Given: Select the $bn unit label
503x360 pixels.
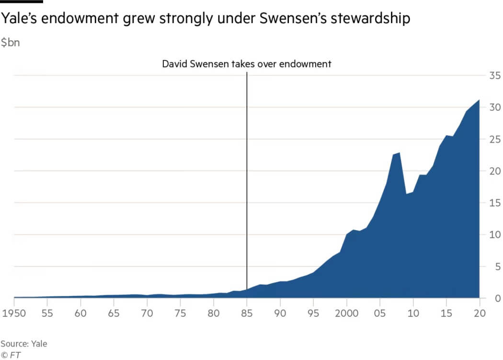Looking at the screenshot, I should [10, 43].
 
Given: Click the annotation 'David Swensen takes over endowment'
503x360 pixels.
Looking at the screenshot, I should [246, 64].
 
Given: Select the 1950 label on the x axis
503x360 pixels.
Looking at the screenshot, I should [14, 314].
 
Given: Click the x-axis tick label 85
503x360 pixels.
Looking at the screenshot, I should [247, 314].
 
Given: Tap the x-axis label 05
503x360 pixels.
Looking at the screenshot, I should [380, 314].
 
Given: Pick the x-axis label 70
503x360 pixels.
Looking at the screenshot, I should [147, 314].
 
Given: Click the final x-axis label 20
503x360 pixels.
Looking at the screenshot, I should [480, 314].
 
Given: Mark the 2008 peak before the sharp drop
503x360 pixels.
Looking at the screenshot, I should [400, 153].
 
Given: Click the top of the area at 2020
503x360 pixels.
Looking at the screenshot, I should [479, 100].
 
